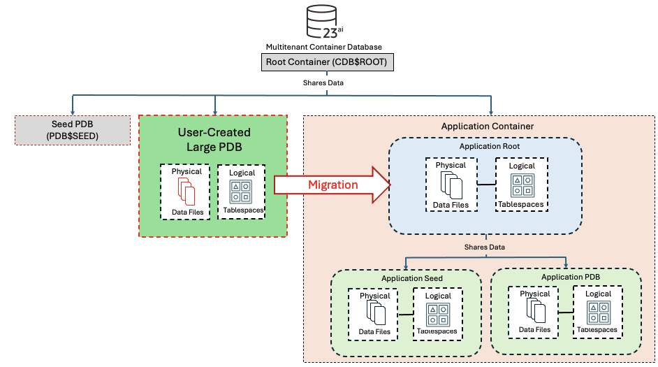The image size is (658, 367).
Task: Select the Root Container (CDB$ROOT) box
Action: point(326,63)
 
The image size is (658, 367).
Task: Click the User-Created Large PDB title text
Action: point(214,139)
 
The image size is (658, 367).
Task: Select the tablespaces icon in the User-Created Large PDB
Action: point(241,192)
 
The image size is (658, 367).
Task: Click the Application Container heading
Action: point(478,127)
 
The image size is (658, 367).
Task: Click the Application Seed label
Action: point(411,278)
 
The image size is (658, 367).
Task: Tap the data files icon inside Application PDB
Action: point(534,312)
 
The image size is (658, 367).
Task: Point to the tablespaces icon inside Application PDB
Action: point(597,312)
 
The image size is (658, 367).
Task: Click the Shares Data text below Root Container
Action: point(323,82)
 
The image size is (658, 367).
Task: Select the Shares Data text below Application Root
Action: point(485,247)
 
